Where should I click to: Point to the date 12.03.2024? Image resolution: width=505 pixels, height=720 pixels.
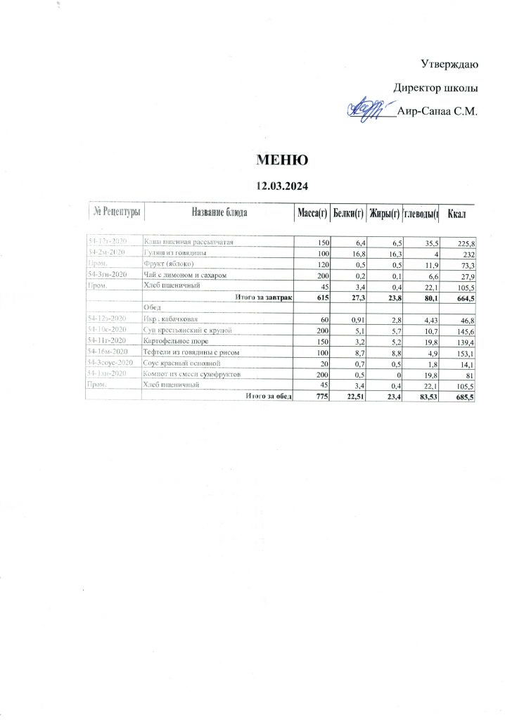[x=282, y=186]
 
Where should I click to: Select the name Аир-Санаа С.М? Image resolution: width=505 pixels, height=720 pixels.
[x=437, y=111]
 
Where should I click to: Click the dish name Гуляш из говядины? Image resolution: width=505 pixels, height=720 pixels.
[x=174, y=252]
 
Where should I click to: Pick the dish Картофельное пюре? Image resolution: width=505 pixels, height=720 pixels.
[x=176, y=340]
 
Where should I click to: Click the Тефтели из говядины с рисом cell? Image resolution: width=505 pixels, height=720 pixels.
[x=188, y=351]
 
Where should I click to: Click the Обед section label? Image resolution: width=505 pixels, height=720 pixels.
[x=153, y=307]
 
